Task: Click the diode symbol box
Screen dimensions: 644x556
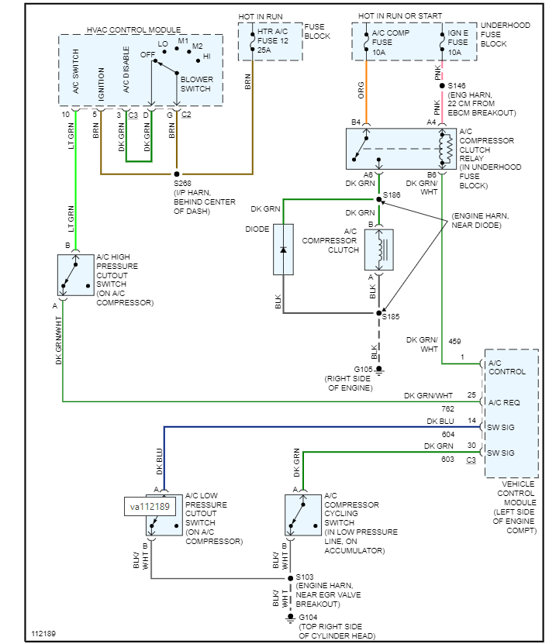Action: [x=283, y=250]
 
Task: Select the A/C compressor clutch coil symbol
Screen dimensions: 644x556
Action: [x=379, y=250]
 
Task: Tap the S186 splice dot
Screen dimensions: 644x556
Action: [x=379, y=199]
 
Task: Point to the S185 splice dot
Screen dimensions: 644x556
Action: [x=379, y=313]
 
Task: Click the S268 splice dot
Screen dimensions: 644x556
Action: [x=177, y=174]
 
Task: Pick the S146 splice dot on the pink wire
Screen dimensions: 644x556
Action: [x=442, y=86]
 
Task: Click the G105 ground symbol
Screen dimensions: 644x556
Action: [x=379, y=370]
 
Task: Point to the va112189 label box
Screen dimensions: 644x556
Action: [x=150, y=507]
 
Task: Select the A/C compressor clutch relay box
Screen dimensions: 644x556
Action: [x=400, y=149]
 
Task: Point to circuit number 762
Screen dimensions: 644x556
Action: [x=447, y=408]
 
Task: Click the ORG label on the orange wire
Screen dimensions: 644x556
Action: [x=361, y=91]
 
